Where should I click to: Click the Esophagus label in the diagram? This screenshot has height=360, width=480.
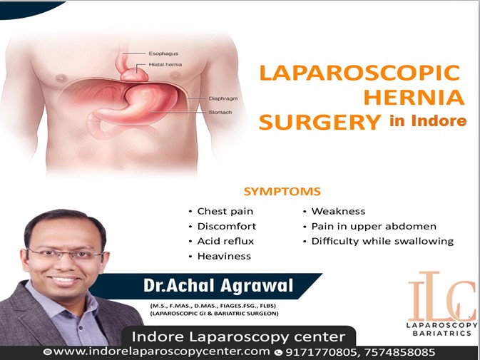(x=163, y=53)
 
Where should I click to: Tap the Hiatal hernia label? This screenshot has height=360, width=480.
(x=165, y=65)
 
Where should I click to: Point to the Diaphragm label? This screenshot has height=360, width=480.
(x=223, y=98)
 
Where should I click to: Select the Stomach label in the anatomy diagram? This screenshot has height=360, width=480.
(x=220, y=112)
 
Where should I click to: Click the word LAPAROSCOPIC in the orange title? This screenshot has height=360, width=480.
(x=359, y=73)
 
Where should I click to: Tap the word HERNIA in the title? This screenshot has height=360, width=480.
(x=414, y=97)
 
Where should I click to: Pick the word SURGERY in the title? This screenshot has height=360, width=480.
(x=320, y=122)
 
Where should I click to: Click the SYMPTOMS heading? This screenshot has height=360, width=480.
(x=282, y=192)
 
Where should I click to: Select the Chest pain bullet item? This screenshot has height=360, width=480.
(x=225, y=211)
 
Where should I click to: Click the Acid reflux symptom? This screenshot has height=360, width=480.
(x=225, y=242)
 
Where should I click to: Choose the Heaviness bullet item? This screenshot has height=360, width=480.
(x=224, y=256)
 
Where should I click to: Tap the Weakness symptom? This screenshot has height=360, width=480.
(x=338, y=211)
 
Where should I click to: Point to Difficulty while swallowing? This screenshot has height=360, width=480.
(x=382, y=242)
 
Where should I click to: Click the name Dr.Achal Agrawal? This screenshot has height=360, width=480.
(x=218, y=285)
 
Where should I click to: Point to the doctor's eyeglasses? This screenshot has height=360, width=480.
(x=65, y=254)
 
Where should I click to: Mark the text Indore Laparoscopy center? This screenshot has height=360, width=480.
(x=238, y=336)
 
